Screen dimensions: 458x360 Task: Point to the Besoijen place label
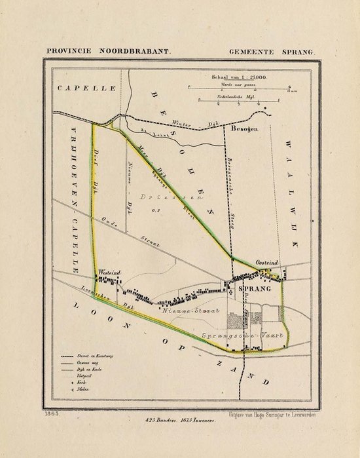(245, 130)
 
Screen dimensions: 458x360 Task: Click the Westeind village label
(107, 270)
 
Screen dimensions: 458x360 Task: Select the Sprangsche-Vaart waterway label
(242, 334)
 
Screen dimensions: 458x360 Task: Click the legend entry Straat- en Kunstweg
(91, 354)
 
